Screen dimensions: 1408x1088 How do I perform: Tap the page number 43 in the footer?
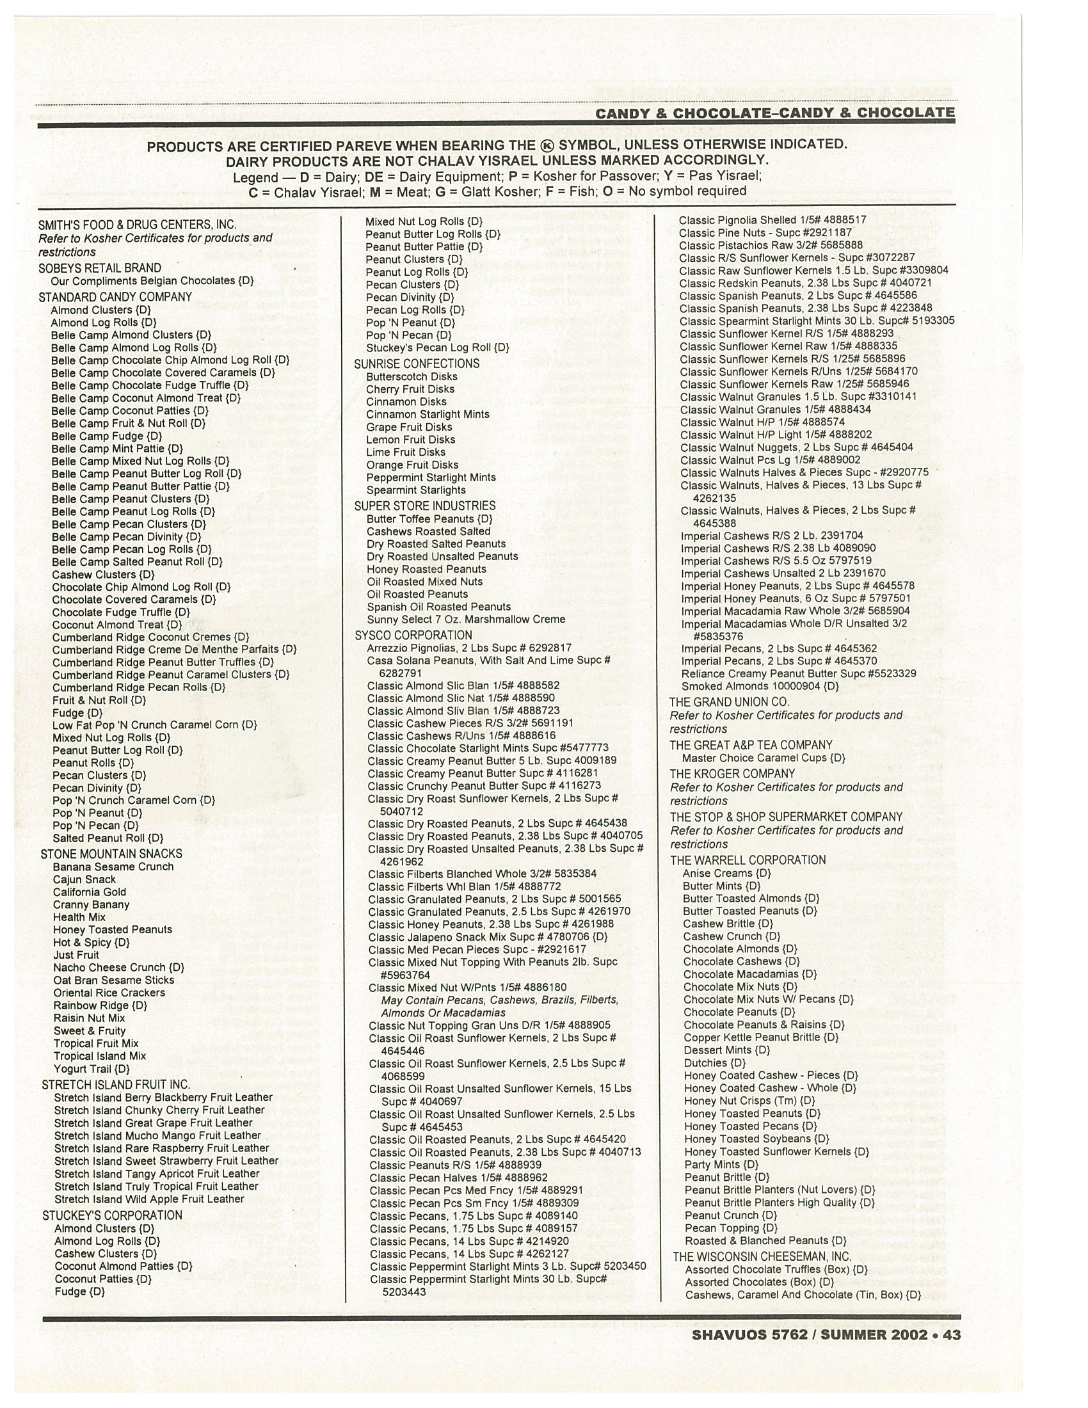(x=951, y=1334)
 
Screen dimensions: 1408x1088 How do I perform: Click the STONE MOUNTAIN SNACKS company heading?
(x=111, y=854)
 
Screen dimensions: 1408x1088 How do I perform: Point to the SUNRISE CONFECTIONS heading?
(x=417, y=364)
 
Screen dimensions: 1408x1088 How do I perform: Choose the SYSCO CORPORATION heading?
(x=413, y=635)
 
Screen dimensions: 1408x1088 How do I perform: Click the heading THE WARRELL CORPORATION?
(x=748, y=860)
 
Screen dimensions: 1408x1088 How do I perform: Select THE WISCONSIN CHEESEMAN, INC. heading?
(x=762, y=1256)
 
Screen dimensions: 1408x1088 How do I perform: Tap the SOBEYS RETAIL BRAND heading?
(x=100, y=268)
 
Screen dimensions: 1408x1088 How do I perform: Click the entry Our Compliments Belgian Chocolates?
(x=152, y=281)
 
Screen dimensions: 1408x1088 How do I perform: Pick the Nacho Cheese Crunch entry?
(x=118, y=967)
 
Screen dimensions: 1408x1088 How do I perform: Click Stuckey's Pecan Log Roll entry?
(x=438, y=348)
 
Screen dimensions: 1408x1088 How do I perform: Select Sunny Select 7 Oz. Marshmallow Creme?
(x=465, y=619)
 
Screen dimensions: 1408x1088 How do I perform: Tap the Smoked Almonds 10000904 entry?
(x=760, y=686)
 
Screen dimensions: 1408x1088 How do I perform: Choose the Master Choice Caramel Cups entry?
(x=764, y=758)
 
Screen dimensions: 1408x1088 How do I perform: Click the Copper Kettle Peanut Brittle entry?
(x=760, y=1037)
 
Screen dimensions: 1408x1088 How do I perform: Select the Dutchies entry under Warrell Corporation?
(x=714, y=1062)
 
